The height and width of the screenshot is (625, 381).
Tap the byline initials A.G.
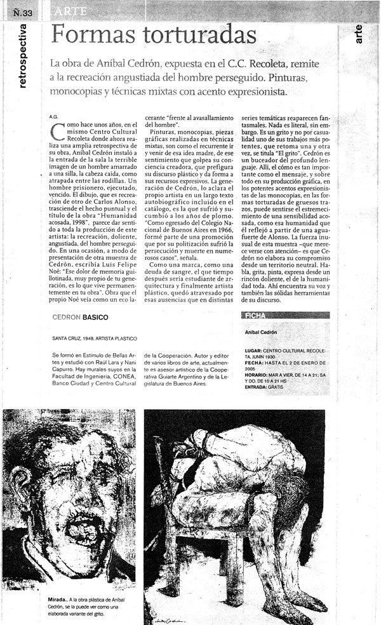coord(53,117)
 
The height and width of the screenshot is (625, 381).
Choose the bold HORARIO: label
coord(257,375)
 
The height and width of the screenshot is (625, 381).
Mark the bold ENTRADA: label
coord(257,386)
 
